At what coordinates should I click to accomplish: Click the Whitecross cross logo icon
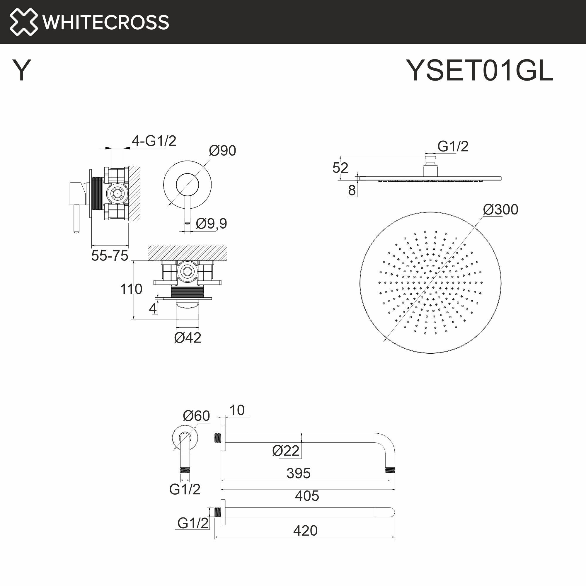click(x=24, y=22)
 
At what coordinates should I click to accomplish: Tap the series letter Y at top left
click(x=21, y=70)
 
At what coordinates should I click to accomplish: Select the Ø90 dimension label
click(x=222, y=151)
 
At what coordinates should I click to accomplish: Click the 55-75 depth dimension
click(x=110, y=256)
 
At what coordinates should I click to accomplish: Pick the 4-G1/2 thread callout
click(x=154, y=141)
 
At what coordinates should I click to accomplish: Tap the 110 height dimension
click(x=131, y=289)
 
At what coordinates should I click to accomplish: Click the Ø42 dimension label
click(x=188, y=338)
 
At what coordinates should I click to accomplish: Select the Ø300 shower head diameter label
click(x=500, y=209)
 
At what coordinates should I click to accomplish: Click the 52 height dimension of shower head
click(x=340, y=168)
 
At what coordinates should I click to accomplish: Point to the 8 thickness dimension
click(x=352, y=190)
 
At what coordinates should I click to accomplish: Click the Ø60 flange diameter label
click(x=196, y=416)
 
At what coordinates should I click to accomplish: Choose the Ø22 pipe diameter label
click(x=286, y=451)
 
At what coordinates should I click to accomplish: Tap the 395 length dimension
click(x=299, y=473)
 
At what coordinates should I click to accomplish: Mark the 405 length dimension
click(x=307, y=496)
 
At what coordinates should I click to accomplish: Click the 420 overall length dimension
click(x=305, y=531)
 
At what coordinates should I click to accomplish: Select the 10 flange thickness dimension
click(x=237, y=410)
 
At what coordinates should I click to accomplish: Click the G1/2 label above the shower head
click(x=453, y=146)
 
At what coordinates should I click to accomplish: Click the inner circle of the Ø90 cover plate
click(x=188, y=185)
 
